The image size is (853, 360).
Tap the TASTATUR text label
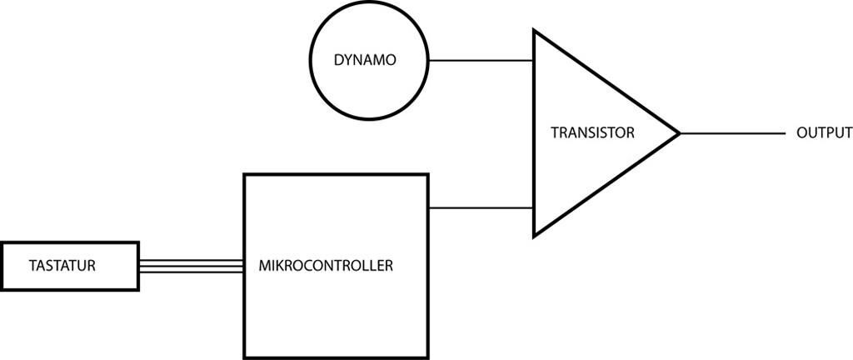(62, 267)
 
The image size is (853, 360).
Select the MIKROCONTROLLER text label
(327, 267)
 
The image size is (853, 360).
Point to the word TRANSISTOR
(593, 132)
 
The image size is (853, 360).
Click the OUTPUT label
(824, 132)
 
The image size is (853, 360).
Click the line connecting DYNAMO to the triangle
(481, 60)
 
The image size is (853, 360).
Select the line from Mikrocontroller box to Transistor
(481, 207)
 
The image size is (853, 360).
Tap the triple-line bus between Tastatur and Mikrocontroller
(191, 266)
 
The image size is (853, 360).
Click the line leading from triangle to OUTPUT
(733, 132)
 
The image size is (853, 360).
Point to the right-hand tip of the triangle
(680, 132)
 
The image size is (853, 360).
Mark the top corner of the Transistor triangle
(535, 31)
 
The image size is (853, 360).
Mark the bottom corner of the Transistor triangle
(535, 236)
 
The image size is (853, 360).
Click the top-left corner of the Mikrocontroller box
(244, 175)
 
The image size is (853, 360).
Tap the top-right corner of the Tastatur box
(138, 243)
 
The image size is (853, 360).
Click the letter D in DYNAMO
(338, 61)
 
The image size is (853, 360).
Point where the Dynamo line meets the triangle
(534, 60)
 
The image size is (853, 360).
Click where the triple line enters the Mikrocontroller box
(244, 266)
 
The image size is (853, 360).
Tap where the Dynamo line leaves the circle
(428, 60)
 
